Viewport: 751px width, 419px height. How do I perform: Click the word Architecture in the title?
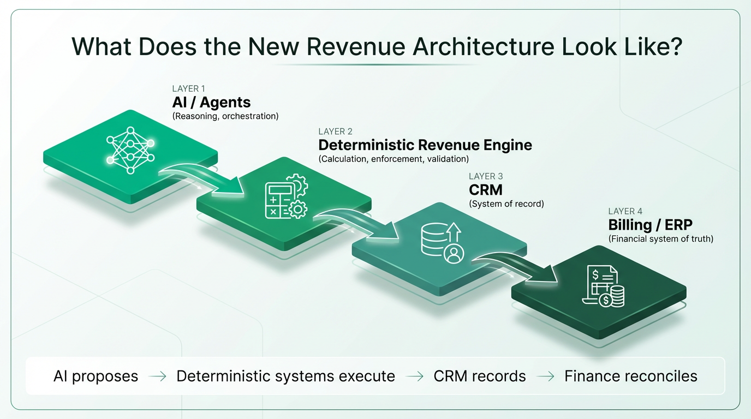[x=484, y=46]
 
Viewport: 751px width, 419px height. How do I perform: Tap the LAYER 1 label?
[x=188, y=88]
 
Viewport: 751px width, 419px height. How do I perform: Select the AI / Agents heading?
[x=211, y=102]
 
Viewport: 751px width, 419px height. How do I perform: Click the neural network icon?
[x=130, y=150]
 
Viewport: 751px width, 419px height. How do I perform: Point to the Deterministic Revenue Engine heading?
[x=425, y=145]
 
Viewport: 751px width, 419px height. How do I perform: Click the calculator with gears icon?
[x=287, y=196]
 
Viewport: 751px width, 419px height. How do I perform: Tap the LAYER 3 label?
[x=486, y=176]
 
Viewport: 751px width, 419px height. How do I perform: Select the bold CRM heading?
[x=485, y=190]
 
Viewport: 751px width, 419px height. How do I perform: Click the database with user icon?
[x=443, y=243]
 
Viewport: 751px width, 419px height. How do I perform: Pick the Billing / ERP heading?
[x=651, y=225]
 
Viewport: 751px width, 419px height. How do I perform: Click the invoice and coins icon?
[x=604, y=286]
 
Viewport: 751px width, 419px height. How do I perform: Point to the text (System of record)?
[x=506, y=204]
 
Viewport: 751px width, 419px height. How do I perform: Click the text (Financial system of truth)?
[x=661, y=238]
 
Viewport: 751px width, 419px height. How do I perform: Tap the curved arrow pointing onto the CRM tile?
[x=359, y=224]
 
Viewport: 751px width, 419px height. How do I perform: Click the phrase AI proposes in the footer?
[x=96, y=376]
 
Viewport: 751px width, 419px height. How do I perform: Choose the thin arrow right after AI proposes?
[x=157, y=377]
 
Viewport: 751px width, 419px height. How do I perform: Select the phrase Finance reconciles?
[x=630, y=376]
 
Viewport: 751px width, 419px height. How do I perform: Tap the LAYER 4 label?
[x=625, y=211]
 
